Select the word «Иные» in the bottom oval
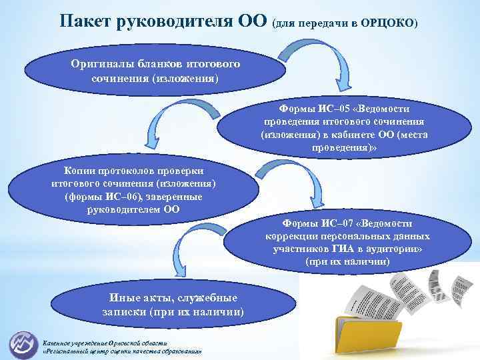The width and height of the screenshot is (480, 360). click(x=126, y=298)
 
